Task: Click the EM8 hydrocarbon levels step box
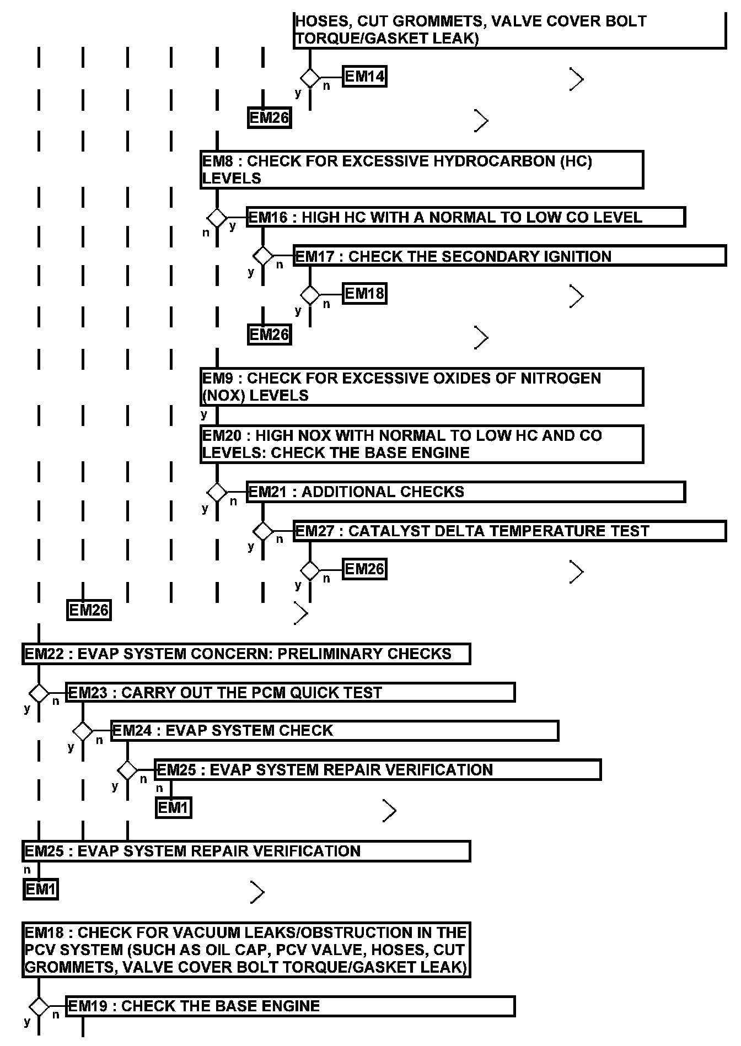point(422,170)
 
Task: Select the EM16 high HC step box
point(465,217)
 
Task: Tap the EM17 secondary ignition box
point(509,256)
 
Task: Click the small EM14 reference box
point(364,76)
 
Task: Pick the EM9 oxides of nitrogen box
point(422,387)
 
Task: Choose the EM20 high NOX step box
point(422,444)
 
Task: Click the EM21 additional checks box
point(465,492)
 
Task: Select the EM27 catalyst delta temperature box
point(509,531)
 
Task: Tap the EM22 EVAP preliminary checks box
point(246,654)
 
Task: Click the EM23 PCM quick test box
point(290,692)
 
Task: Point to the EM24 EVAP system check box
point(335,731)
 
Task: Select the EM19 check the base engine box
point(290,1006)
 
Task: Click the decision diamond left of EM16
point(217,217)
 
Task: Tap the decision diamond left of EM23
point(39,693)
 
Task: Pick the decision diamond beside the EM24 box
point(83,731)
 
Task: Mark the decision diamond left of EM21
point(217,492)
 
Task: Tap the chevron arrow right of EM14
point(577,79)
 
